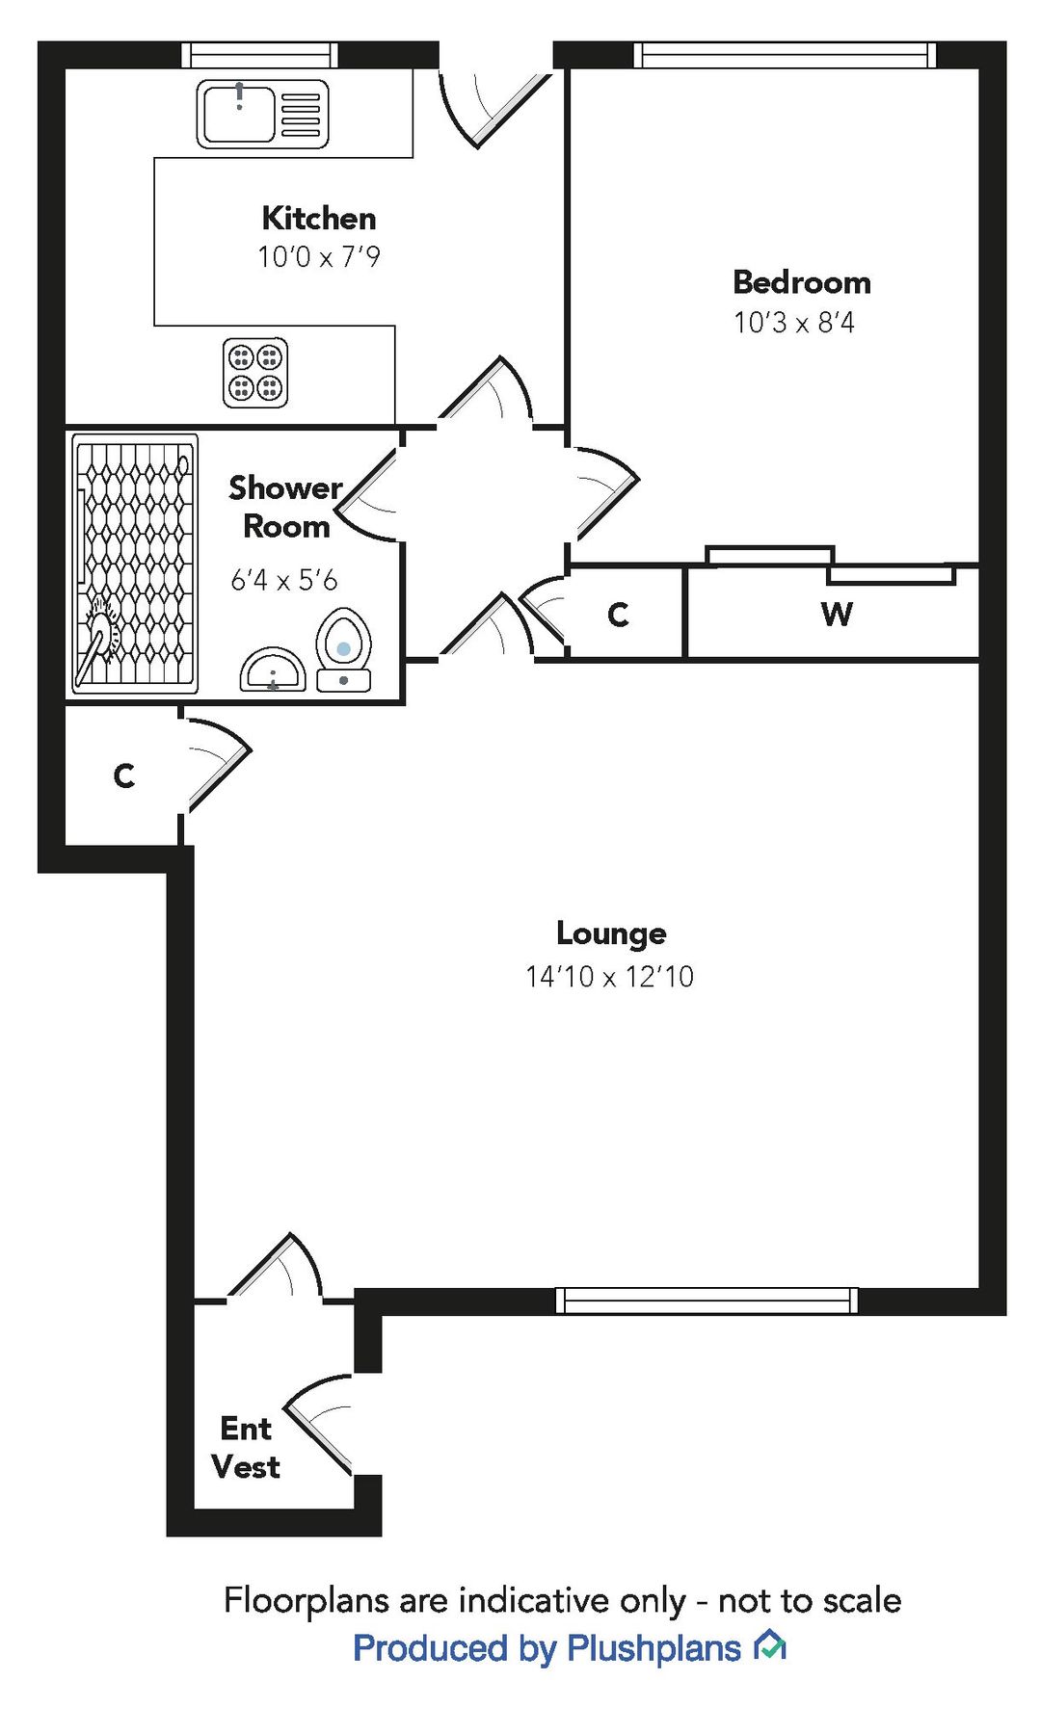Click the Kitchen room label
click(x=318, y=219)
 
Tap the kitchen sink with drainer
click(x=262, y=114)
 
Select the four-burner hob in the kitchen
click(x=255, y=373)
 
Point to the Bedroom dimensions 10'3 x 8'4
click(x=793, y=323)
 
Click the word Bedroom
click(x=801, y=282)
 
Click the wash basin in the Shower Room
click(x=273, y=670)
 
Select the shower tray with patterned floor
click(x=136, y=564)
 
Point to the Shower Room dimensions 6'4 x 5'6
click(x=283, y=580)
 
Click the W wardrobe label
click(x=837, y=614)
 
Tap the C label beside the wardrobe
click(x=618, y=615)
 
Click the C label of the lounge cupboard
click(x=123, y=775)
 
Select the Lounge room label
click(x=611, y=933)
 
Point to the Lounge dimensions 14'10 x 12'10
click(x=609, y=977)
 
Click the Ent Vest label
click(x=246, y=1447)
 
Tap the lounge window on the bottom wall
click(x=707, y=1300)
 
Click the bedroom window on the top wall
click(x=785, y=55)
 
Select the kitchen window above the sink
click(x=260, y=55)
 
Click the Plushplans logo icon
click(x=770, y=1645)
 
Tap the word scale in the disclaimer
click(x=860, y=1600)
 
